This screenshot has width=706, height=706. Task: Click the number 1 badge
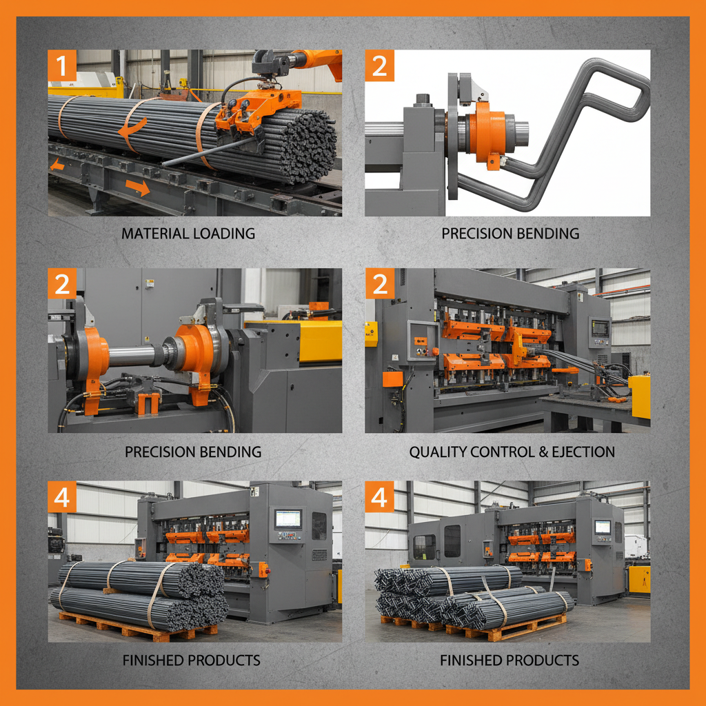pos(63,66)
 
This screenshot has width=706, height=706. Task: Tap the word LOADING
pos(222,234)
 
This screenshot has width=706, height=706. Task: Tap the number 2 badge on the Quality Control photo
pos(380,283)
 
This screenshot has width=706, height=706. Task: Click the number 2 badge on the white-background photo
pos(380,66)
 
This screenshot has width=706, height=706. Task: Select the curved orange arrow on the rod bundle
pos(132,128)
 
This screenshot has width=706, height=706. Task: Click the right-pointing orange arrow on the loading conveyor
pos(137,187)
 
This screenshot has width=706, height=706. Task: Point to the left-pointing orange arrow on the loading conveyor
pos(57,165)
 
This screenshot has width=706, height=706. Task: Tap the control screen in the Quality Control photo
pos(600,328)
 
